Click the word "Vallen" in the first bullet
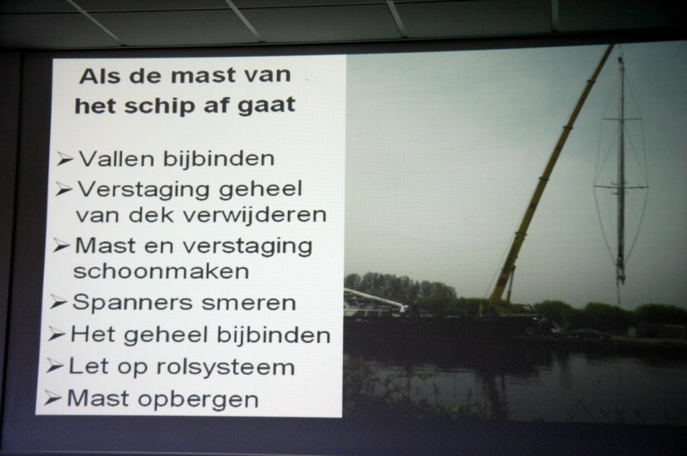(117, 158)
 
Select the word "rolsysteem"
(225, 367)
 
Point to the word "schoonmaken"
(161, 272)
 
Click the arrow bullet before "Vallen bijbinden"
(65, 159)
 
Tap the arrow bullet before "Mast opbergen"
(52, 398)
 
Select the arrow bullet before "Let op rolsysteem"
(55, 365)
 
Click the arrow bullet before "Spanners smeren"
(58, 302)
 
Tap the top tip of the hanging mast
(621, 56)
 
